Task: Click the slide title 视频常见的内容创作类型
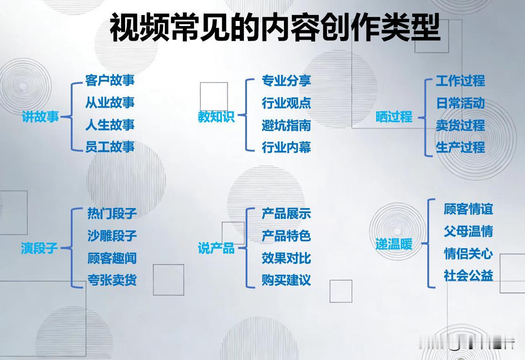(275, 27)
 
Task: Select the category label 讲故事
(41, 117)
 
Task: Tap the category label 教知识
(216, 117)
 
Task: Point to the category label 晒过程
(394, 117)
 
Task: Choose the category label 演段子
(40, 248)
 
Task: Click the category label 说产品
(216, 248)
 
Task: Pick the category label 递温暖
(394, 244)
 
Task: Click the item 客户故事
(110, 81)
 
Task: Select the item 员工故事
(110, 147)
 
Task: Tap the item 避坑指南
(286, 125)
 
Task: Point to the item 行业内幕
(286, 147)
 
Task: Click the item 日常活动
(460, 103)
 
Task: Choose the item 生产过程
(460, 147)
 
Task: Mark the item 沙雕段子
(112, 236)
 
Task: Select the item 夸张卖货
(112, 280)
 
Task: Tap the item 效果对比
(286, 258)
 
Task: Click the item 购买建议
(286, 280)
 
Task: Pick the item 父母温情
(468, 231)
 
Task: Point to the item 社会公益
(468, 276)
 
